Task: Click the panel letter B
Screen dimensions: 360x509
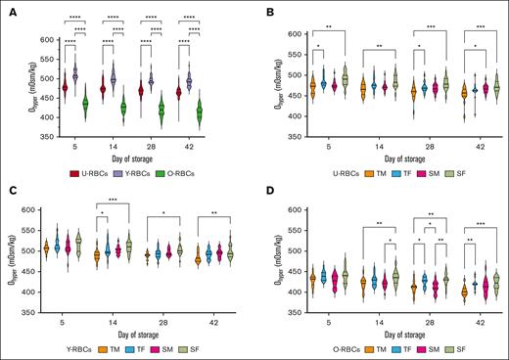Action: (263, 8)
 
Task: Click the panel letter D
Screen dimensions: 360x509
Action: (263, 186)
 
